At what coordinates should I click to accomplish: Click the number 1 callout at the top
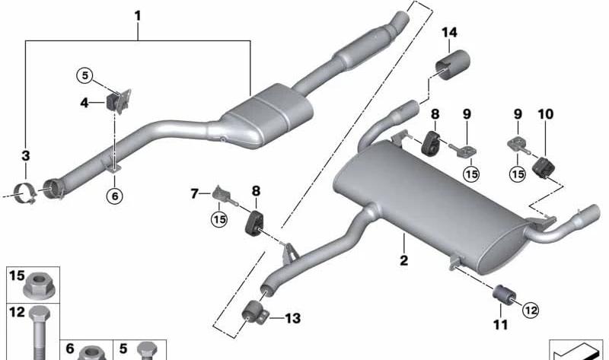click(x=138, y=16)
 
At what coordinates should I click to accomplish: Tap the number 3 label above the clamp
click(x=25, y=156)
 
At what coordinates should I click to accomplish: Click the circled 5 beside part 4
click(x=84, y=75)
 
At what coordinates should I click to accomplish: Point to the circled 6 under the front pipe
click(x=115, y=196)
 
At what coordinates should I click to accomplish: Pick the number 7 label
click(x=194, y=193)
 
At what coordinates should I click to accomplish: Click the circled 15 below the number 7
click(x=219, y=220)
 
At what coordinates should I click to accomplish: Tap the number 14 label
click(x=449, y=33)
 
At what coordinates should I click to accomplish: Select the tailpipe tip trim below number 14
click(x=452, y=65)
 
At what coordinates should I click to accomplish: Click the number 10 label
click(x=545, y=114)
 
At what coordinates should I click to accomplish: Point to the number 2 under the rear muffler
click(x=404, y=260)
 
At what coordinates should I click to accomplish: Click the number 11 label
click(x=501, y=324)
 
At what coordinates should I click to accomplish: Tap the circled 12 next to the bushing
click(x=531, y=310)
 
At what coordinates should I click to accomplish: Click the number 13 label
click(x=293, y=318)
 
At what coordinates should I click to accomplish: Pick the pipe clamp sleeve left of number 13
click(x=254, y=313)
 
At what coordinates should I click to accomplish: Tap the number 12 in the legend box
click(x=17, y=312)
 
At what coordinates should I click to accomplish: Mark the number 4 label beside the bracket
click(x=84, y=103)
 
